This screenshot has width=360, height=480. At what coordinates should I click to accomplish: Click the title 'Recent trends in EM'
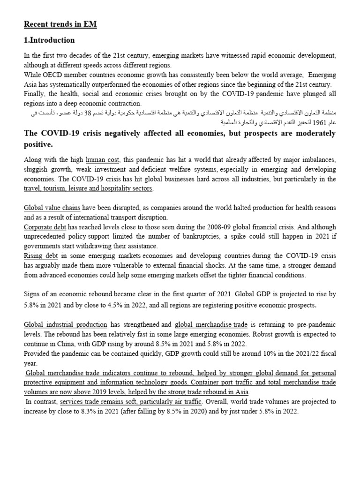60,24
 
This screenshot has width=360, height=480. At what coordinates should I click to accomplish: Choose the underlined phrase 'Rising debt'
41,255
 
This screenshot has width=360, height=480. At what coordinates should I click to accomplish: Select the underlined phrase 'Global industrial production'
65,324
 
